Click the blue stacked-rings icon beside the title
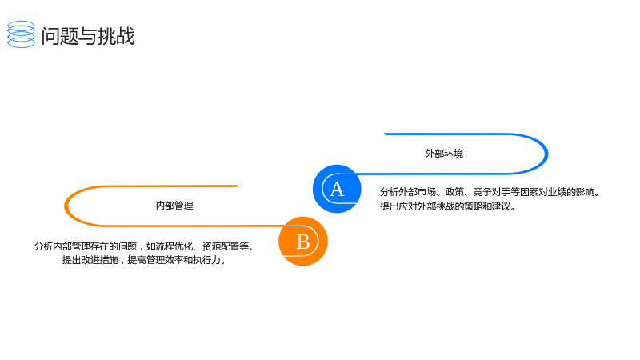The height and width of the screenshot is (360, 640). (x=22, y=34)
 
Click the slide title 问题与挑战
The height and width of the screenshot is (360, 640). (x=88, y=36)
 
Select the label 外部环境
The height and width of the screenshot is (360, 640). (x=444, y=154)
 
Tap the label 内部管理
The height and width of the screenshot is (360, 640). (x=174, y=206)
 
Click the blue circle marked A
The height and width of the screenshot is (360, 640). (x=337, y=189)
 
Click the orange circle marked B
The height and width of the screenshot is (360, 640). (x=303, y=242)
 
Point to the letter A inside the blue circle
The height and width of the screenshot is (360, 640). (x=337, y=189)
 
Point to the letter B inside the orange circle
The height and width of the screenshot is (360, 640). (x=303, y=242)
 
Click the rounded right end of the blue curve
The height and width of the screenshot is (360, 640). (x=546, y=154)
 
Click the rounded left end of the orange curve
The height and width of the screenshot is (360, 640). (x=66, y=206)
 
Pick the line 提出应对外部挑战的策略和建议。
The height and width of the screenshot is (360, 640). (x=448, y=206)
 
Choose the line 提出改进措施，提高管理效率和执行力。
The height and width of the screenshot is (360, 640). (x=144, y=260)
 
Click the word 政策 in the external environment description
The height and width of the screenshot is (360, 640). (x=454, y=192)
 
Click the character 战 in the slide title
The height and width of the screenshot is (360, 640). (x=126, y=36)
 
